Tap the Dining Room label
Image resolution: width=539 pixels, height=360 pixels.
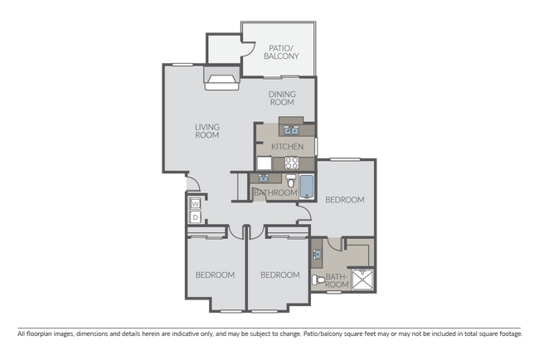(282, 99)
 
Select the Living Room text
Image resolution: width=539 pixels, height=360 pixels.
(206, 131)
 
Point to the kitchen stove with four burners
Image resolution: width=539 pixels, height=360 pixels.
(291, 163)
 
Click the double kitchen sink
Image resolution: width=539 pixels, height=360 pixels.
(289, 128)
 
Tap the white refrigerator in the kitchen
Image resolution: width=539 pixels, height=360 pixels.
(265, 163)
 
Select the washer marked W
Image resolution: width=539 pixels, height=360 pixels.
(195, 203)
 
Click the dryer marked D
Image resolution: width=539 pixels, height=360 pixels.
(195, 217)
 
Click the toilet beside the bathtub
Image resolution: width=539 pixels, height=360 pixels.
(291, 182)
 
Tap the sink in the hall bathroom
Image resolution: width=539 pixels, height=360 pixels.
(263, 177)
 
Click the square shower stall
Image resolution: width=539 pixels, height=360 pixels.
(363, 280)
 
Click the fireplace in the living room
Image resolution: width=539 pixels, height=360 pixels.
(221, 80)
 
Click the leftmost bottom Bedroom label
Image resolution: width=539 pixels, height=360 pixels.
(215, 275)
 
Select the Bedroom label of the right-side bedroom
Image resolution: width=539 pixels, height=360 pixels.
(344, 200)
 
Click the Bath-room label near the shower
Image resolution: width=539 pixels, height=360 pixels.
(336, 280)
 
